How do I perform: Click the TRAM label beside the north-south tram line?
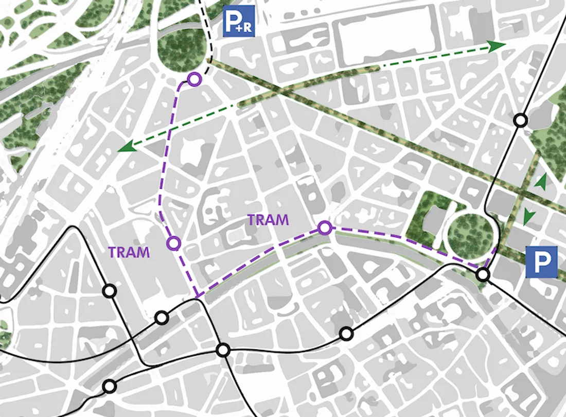click(129, 252)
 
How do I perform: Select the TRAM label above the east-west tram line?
click(268, 220)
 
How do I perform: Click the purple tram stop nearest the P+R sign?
click(193, 79)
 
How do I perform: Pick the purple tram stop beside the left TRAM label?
click(174, 242)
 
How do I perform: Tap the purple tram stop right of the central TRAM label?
click(324, 228)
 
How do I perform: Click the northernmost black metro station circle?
click(521, 120)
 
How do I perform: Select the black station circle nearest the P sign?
click(483, 274)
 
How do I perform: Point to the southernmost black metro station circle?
click(109, 386)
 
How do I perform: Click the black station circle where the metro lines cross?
click(223, 351)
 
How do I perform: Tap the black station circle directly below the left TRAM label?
click(109, 291)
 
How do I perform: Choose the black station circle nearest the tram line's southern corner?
click(162, 318)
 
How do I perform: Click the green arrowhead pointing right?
click(497, 46)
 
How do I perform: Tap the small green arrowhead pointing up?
click(539, 181)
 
